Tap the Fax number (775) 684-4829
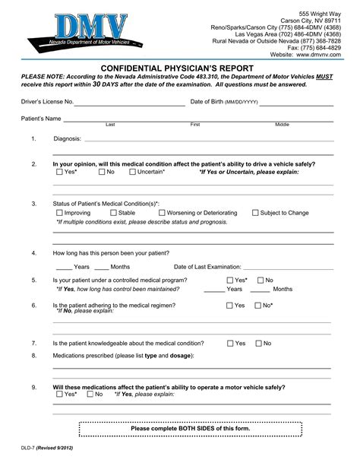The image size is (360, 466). [x=323, y=47]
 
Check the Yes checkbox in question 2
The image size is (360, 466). [x=60, y=173]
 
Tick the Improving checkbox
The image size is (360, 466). [x=60, y=214]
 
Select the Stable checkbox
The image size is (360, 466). [x=113, y=214]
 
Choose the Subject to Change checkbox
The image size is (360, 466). [x=254, y=214]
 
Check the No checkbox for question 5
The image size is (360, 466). [x=260, y=281]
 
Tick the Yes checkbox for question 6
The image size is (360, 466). [x=229, y=306]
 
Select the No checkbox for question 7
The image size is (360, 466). [x=258, y=344]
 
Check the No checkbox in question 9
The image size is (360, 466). [x=90, y=395]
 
